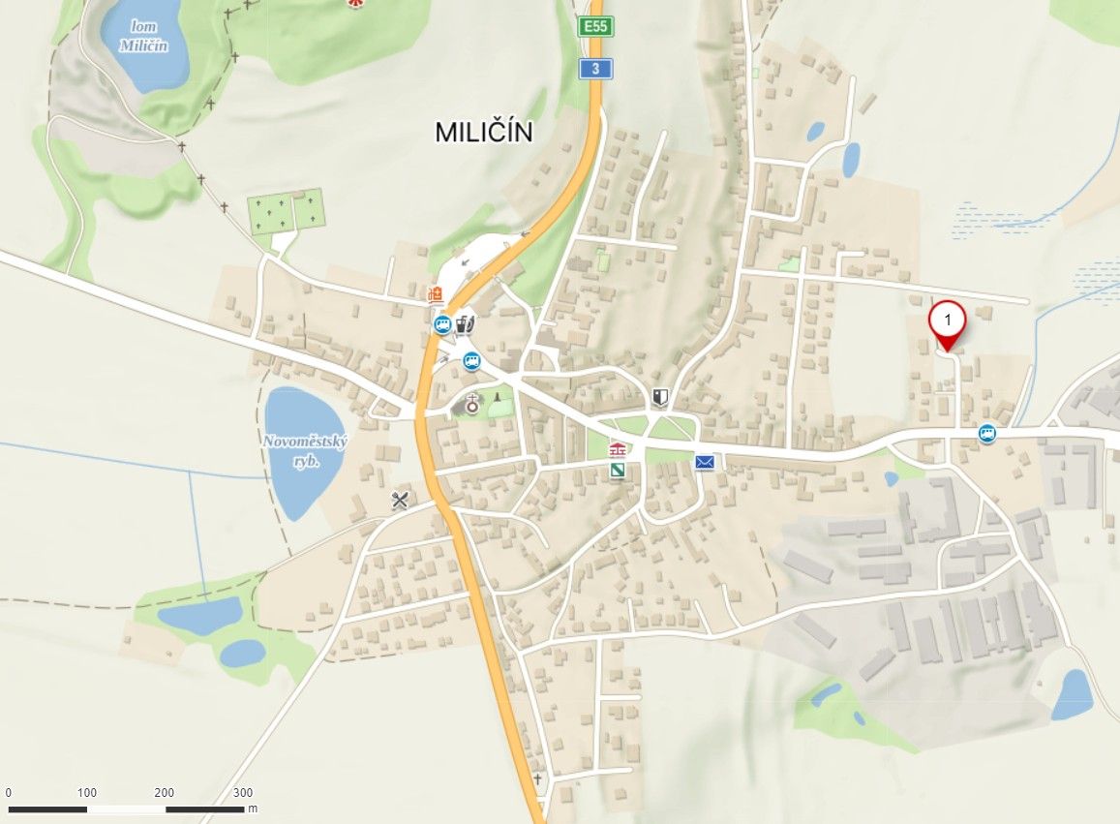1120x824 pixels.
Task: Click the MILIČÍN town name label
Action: (x=483, y=132)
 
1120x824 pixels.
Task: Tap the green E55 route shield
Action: (x=595, y=26)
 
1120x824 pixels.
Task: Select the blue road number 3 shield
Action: (x=595, y=68)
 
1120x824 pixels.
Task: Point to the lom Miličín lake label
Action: (x=143, y=36)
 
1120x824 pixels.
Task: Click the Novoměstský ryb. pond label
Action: (x=305, y=450)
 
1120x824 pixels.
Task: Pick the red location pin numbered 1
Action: (x=947, y=323)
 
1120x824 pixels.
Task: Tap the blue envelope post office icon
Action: (x=705, y=463)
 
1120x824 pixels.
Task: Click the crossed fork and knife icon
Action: (x=400, y=500)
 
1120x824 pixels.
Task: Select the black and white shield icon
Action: (x=661, y=396)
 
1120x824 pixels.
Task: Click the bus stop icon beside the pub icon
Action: (x=442, y=324)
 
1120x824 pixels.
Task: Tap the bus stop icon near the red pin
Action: (x=987, y=434)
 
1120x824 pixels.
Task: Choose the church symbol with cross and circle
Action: (x=472, y=405)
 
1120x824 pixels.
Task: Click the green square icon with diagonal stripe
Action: (x=617, y=470)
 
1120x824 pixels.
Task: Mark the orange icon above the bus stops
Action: (x=436, y=294)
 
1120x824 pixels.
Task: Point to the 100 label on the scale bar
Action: (x=87, y=792)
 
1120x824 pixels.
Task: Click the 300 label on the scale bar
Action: (x=243, y=792)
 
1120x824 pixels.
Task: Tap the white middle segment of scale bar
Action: (x=126, y=809)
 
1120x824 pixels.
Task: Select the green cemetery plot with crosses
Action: (x=285, y=213)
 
